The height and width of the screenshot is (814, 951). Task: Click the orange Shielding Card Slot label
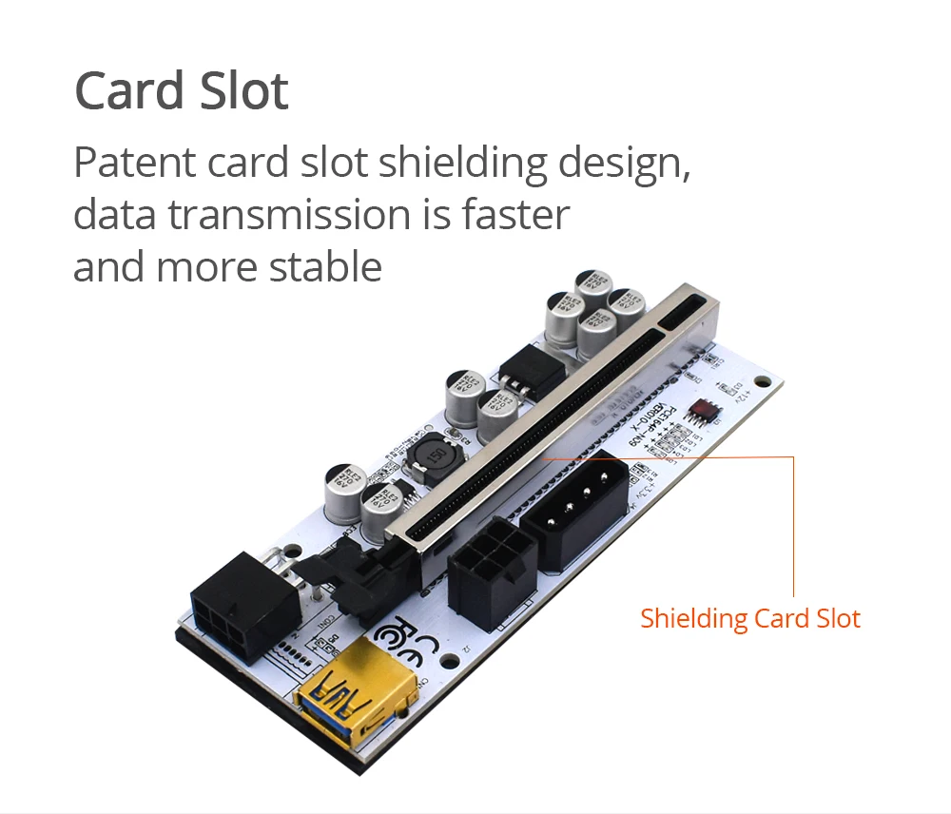point(749,619)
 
